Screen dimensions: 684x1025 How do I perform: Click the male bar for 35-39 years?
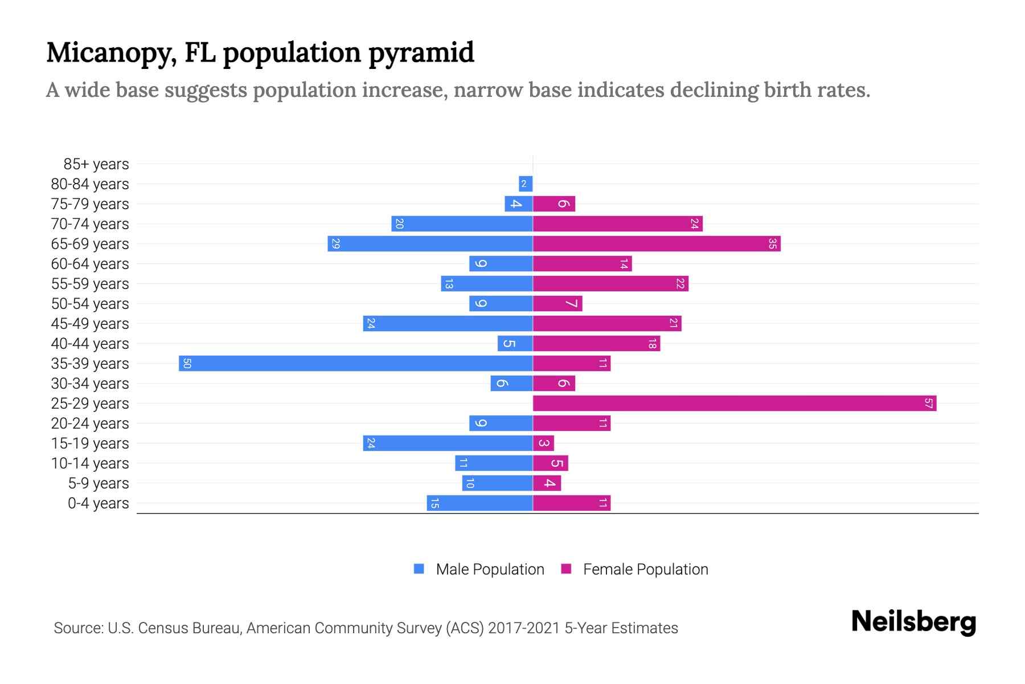pyautogui.click(x=356, y=364)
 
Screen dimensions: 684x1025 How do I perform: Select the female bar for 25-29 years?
pyautogui.click(x=735, y=404)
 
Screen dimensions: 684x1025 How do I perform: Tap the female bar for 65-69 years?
pyautogui.click(x=657, y=244)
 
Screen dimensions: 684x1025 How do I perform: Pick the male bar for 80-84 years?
pyautogui.click(x=526, y=184)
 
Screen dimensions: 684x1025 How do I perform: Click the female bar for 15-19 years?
pyautogui.click(x=543, y=443)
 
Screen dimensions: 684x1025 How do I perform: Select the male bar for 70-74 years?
pyautogui.click(x=462, y=224)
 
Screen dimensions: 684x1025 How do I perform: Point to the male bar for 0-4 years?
pyautogui.click(x=479, y=503)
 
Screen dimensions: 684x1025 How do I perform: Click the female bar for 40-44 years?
pyautogui.click(x=596, y=344)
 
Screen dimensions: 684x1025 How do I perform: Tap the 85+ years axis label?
pyautogui.click(x=96, y=164)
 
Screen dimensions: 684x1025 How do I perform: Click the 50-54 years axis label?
pyautogui.click(x=90, y=304)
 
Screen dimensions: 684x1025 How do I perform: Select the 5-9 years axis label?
pyautogui.click(x=99, y=483)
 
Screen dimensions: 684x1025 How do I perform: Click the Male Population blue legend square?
pyautogui.click(x=419, y=569)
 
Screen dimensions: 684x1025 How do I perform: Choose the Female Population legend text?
pyautogui.click(x=645, y=569)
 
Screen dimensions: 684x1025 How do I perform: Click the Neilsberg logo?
pyautogui.click(x=913, y=622)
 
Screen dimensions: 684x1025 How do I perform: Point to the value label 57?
pyautogui.click(x=928, y=404)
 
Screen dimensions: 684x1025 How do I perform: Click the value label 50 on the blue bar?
pyautogui.click(x=187, y=364)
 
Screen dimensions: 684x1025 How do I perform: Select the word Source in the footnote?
pyautogui.click(x=77, y=628)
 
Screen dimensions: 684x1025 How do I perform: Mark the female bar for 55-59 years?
pyautogui.click(x=610, y=284)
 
